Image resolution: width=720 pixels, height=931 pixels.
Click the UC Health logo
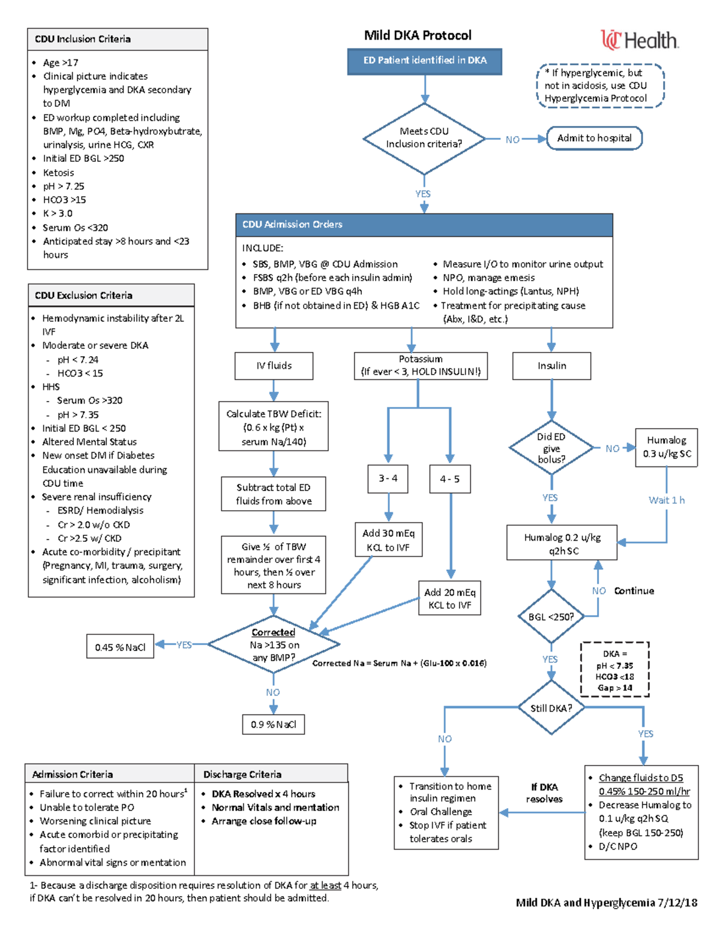639,40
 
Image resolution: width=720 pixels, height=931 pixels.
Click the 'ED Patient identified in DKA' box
424,61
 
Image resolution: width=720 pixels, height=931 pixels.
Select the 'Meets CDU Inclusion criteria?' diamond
424,138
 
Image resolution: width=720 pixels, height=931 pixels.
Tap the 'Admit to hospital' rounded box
594,138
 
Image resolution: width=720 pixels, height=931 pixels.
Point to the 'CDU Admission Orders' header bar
424,224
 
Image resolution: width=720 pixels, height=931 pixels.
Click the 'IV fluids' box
274,366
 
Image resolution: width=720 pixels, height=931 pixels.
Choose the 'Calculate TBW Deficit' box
274,427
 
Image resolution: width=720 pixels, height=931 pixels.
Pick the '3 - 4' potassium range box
388,478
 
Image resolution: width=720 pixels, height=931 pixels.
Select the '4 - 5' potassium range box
449,479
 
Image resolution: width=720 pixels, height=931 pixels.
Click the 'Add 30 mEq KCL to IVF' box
388,540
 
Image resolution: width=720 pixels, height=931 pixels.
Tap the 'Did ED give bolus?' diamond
551,448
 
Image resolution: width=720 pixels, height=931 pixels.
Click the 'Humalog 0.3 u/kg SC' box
667,447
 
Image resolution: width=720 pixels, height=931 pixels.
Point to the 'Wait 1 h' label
666,500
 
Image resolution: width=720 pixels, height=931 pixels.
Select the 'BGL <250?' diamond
551,617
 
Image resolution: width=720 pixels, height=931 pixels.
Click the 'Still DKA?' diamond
551,708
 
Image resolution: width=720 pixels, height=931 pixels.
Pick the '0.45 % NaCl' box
120,647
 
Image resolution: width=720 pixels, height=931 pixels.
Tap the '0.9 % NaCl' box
274,724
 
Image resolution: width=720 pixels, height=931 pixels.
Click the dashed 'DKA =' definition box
614,670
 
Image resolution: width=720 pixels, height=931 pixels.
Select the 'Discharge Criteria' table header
271,774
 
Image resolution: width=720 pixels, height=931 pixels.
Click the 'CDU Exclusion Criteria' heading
111,296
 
